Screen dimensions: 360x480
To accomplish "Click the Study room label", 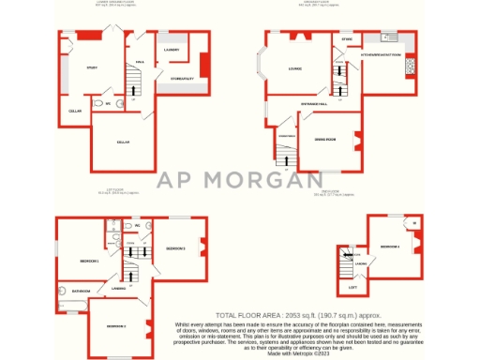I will pyautogui.click(x=93, y=67).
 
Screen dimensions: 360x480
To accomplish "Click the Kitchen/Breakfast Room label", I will pyautogui.click(x=381, y=54).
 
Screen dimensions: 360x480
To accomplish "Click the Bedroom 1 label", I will pyautogui.click(x=89, y=260).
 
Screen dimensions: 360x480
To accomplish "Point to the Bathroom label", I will pyautogui.click(x=81, y=292).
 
